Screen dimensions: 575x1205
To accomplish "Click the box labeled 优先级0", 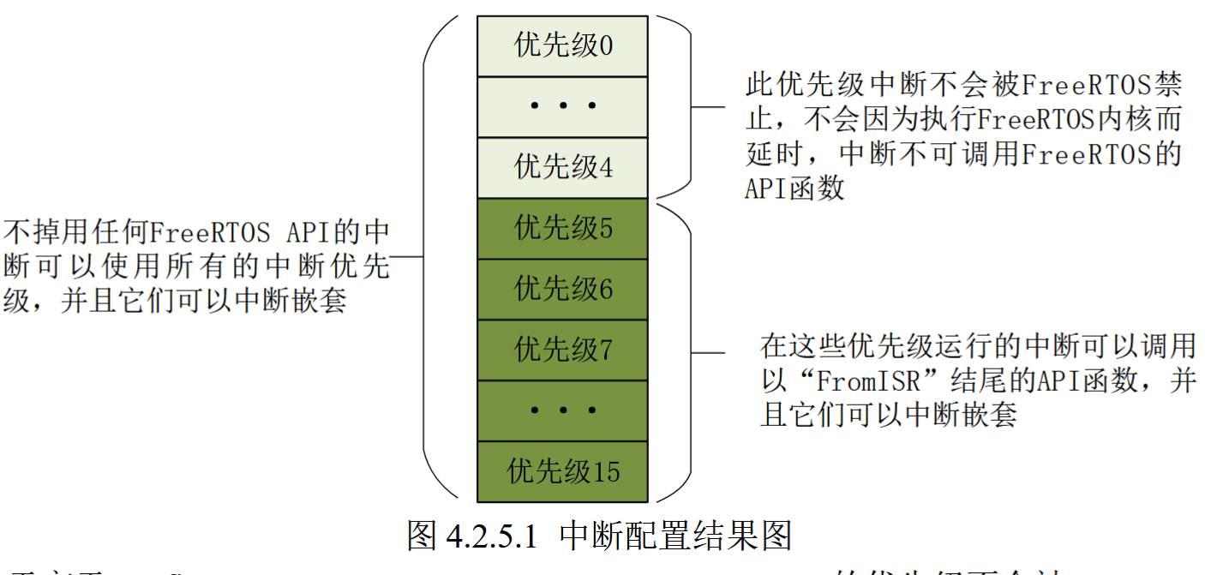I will tap(562, 45).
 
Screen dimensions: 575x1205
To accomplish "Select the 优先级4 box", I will tap(562, 167).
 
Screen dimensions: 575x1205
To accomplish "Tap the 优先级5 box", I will tap(562, 229).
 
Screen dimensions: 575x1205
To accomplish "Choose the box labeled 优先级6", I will tap(562, 289).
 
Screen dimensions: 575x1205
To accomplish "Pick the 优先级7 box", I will tap(562, 350).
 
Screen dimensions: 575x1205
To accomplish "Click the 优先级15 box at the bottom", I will tap(562, 471).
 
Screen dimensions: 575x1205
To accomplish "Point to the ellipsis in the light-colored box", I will tap(562, 107).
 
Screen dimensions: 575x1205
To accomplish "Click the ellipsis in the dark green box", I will tap(562, 410).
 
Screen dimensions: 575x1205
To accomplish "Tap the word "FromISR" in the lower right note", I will tap(872, 380).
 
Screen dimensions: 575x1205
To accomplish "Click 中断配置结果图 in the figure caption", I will tap(674, 536).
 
